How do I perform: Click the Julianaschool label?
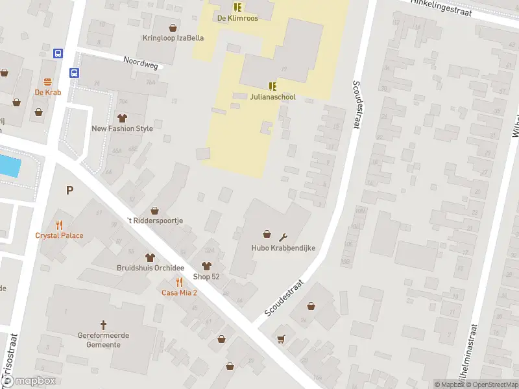[x=272, y=97]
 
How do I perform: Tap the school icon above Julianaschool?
[x=272, y=86]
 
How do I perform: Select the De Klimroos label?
[x=237, y=18]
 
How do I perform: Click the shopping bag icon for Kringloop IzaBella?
[x=173, y=28]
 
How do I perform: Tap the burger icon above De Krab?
[x=48, y=82]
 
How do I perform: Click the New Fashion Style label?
[x=123, y=128]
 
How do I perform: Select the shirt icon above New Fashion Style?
[x=122, y=117]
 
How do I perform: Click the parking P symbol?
[x=69, y=190]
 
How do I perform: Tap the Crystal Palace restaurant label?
[x=59, y=235]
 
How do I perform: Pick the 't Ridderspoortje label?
[x=155, y=220]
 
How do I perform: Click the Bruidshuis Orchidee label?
[x=151, y=268]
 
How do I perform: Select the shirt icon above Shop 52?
[x=206, y=266]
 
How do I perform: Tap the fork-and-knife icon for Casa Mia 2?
[x=180, y=282]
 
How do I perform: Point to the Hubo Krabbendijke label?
[x=274, y=248]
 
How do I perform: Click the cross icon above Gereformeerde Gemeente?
[x=103, y=324]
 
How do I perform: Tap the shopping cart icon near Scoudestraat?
[x=281, y=338]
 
